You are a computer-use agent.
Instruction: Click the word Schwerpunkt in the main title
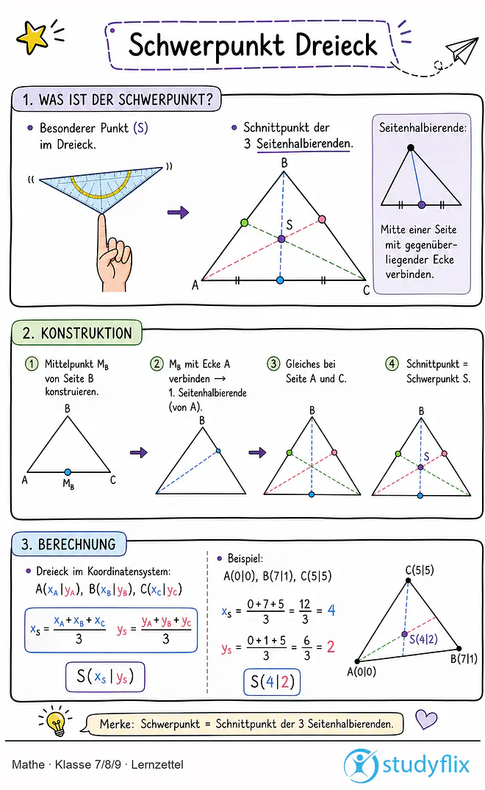pos(206,46)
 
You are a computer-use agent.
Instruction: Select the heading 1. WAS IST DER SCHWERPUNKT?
pos(118,100)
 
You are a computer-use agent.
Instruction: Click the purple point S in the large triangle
pos(281,239)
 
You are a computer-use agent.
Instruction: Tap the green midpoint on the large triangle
pos(244,222)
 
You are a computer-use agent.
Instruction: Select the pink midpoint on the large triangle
pos(322,219)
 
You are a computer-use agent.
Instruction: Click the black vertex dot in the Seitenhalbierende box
pos(411,148)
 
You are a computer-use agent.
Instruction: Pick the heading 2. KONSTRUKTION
pos(77,333)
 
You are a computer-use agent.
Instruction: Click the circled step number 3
pos(273,364)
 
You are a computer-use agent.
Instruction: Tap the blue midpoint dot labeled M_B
pos(68,472)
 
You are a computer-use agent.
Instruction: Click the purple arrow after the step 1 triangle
pos(139,452)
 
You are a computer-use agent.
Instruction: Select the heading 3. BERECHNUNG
pos(68,544)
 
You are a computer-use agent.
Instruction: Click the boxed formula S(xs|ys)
pos(105,677)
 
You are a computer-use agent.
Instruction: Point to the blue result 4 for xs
pos(331,610)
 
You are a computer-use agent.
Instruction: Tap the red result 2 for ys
pos(331,647)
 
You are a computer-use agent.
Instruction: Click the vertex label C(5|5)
pos(420,570)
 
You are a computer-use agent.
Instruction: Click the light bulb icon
pos(55,721)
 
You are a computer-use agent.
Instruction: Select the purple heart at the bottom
pos(427,719)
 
